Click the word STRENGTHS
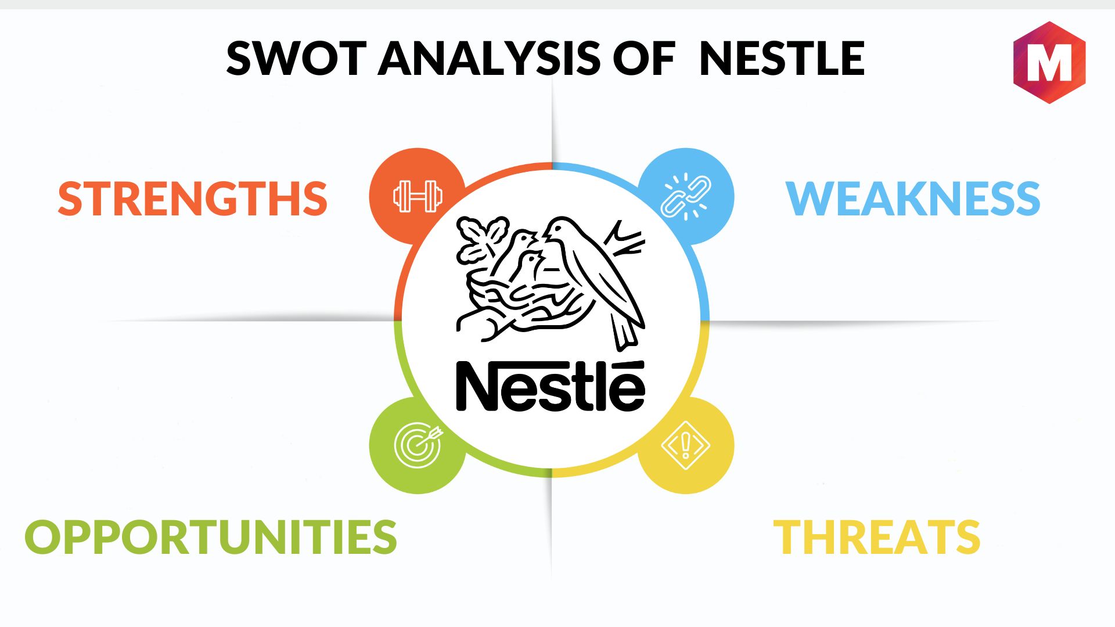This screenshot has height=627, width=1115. pyautogui.click(x=193, y=199)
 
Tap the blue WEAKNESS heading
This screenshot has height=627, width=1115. pyautogui.click(x=913, y=199)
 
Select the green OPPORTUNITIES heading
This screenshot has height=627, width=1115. pyautogui.click(x=211, y=536)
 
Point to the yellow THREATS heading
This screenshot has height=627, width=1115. pyautogui.click(x=877, y=536)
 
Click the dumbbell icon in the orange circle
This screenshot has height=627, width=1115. pyautogui.click(x=418, y=196)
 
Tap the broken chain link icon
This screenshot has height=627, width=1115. pyautogui.click(x=686, y=196)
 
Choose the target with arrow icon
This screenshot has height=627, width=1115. pyautogui.click(x=418, y=446)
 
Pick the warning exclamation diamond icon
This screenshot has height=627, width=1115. pyautogui.click(x=686, y=446)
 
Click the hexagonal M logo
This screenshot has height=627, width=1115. pyautogui.click(x=1049, y=63)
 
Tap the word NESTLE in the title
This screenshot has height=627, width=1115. pyautogui.click(x=782, y=58)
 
